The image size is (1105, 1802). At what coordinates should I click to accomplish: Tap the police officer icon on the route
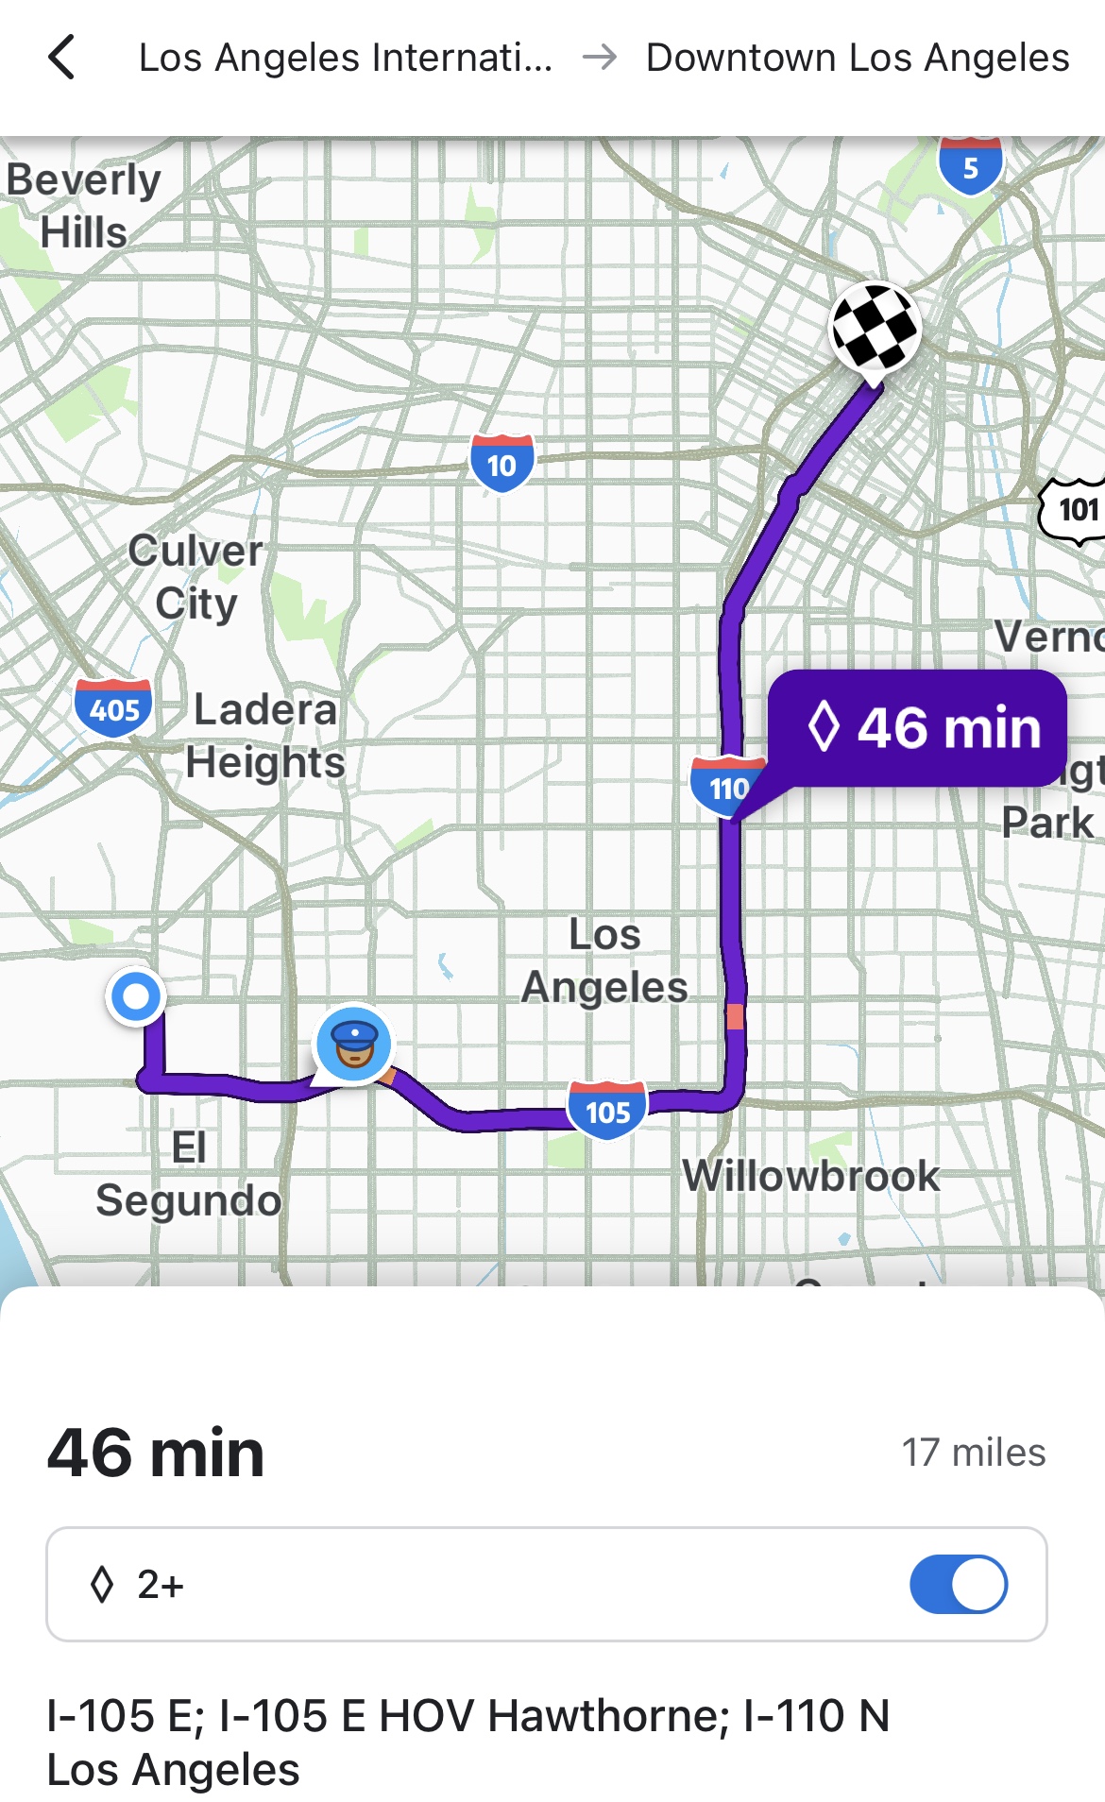click(353, 1043)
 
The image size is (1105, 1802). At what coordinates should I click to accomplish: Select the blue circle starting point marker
click(137, 995)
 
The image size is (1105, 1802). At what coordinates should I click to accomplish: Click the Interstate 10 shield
click(501, 463)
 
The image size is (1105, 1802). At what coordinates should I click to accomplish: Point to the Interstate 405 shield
click(113, 707)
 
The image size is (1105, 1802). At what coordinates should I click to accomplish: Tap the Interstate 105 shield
click(607, 1110)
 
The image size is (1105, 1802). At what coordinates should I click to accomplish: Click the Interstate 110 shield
click(726, 784)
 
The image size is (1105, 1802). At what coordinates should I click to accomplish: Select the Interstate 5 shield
click(970, 166)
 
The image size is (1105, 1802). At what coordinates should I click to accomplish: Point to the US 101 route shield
click(1075, 510)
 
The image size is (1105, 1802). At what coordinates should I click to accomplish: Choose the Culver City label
click(195, 576)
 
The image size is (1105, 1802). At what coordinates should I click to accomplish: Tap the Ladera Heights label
click(265, 735)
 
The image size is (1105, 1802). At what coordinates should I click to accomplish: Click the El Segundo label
click(189, 1174)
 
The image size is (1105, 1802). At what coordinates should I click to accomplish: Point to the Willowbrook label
click(811, 1176)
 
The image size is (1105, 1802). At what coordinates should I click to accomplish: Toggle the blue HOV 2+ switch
click(958, 1584)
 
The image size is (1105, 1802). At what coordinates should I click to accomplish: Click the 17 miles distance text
click(973, 1453)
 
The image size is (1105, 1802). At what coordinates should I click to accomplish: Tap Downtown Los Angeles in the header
click(857, 58)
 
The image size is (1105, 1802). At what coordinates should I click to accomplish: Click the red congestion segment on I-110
click(735, 1016)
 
